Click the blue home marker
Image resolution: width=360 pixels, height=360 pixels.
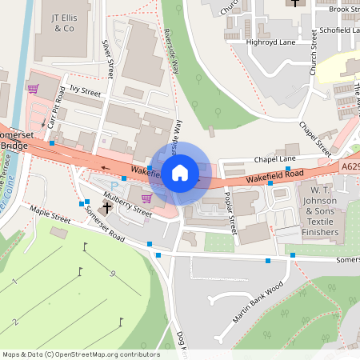click(x=180, y=172)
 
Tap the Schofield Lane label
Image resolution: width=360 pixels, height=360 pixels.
click(x=335, y=30)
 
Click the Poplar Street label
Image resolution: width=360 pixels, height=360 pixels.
click(x=230, y=213)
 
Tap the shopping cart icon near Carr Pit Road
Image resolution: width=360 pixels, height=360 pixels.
click(x=33, y=90)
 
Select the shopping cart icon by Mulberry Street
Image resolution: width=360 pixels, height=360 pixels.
click(x=146, y=198)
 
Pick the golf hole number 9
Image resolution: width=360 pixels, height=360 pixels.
click(x=114, y=274)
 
